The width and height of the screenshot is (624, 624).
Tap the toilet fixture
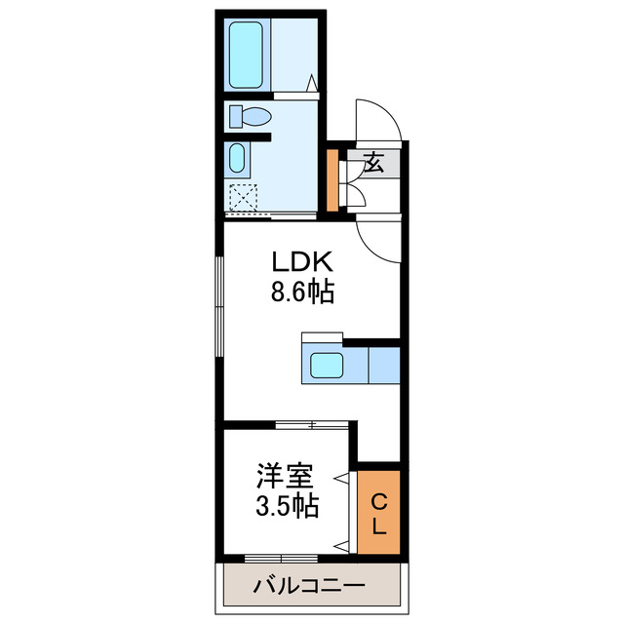click(x=253, y=118)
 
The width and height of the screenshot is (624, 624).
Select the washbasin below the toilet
click(x=237, y=158)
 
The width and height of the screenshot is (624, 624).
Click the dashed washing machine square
click(x=242, y=197)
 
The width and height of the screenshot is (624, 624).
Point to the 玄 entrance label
click(x=374, y=163)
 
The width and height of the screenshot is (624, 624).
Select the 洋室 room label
click(x=286, y=478)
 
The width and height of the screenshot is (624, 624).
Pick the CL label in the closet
click(x=379, y=515)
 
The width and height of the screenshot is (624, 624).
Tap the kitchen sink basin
click(x=327, y=367)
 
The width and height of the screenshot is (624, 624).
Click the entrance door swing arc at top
click(x=380, y=119)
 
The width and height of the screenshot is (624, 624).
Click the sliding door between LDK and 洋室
click(x=312, y=425)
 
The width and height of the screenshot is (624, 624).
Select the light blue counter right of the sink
click(x=384, y=367)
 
